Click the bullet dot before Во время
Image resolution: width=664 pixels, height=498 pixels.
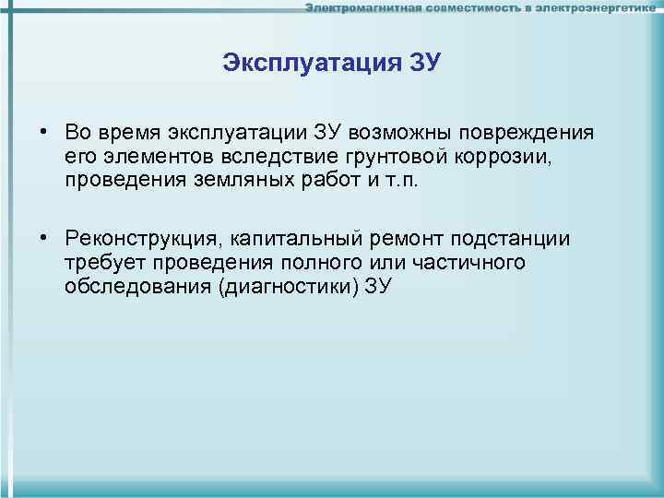click(x=44, y=133)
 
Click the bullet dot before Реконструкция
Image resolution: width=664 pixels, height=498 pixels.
click(x=44, y=239)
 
